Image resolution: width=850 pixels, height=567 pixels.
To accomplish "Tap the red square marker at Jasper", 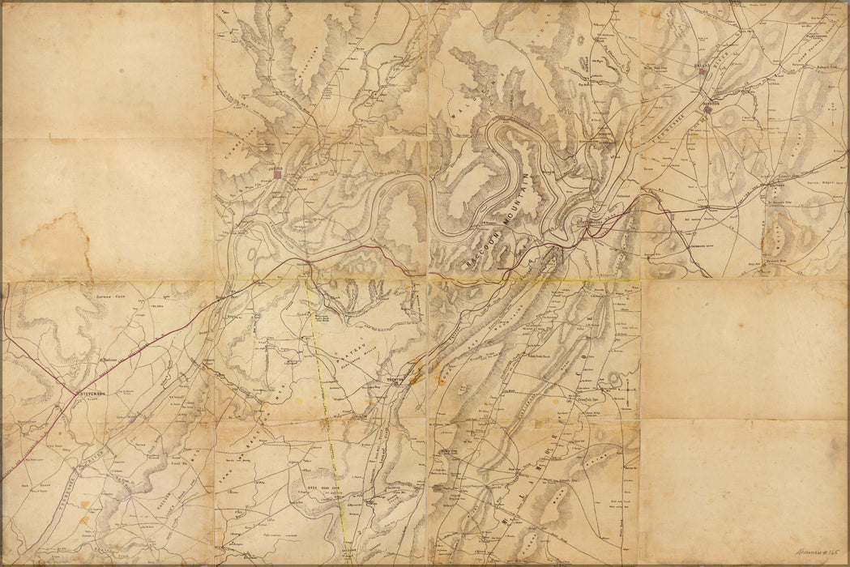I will (278, 173).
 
